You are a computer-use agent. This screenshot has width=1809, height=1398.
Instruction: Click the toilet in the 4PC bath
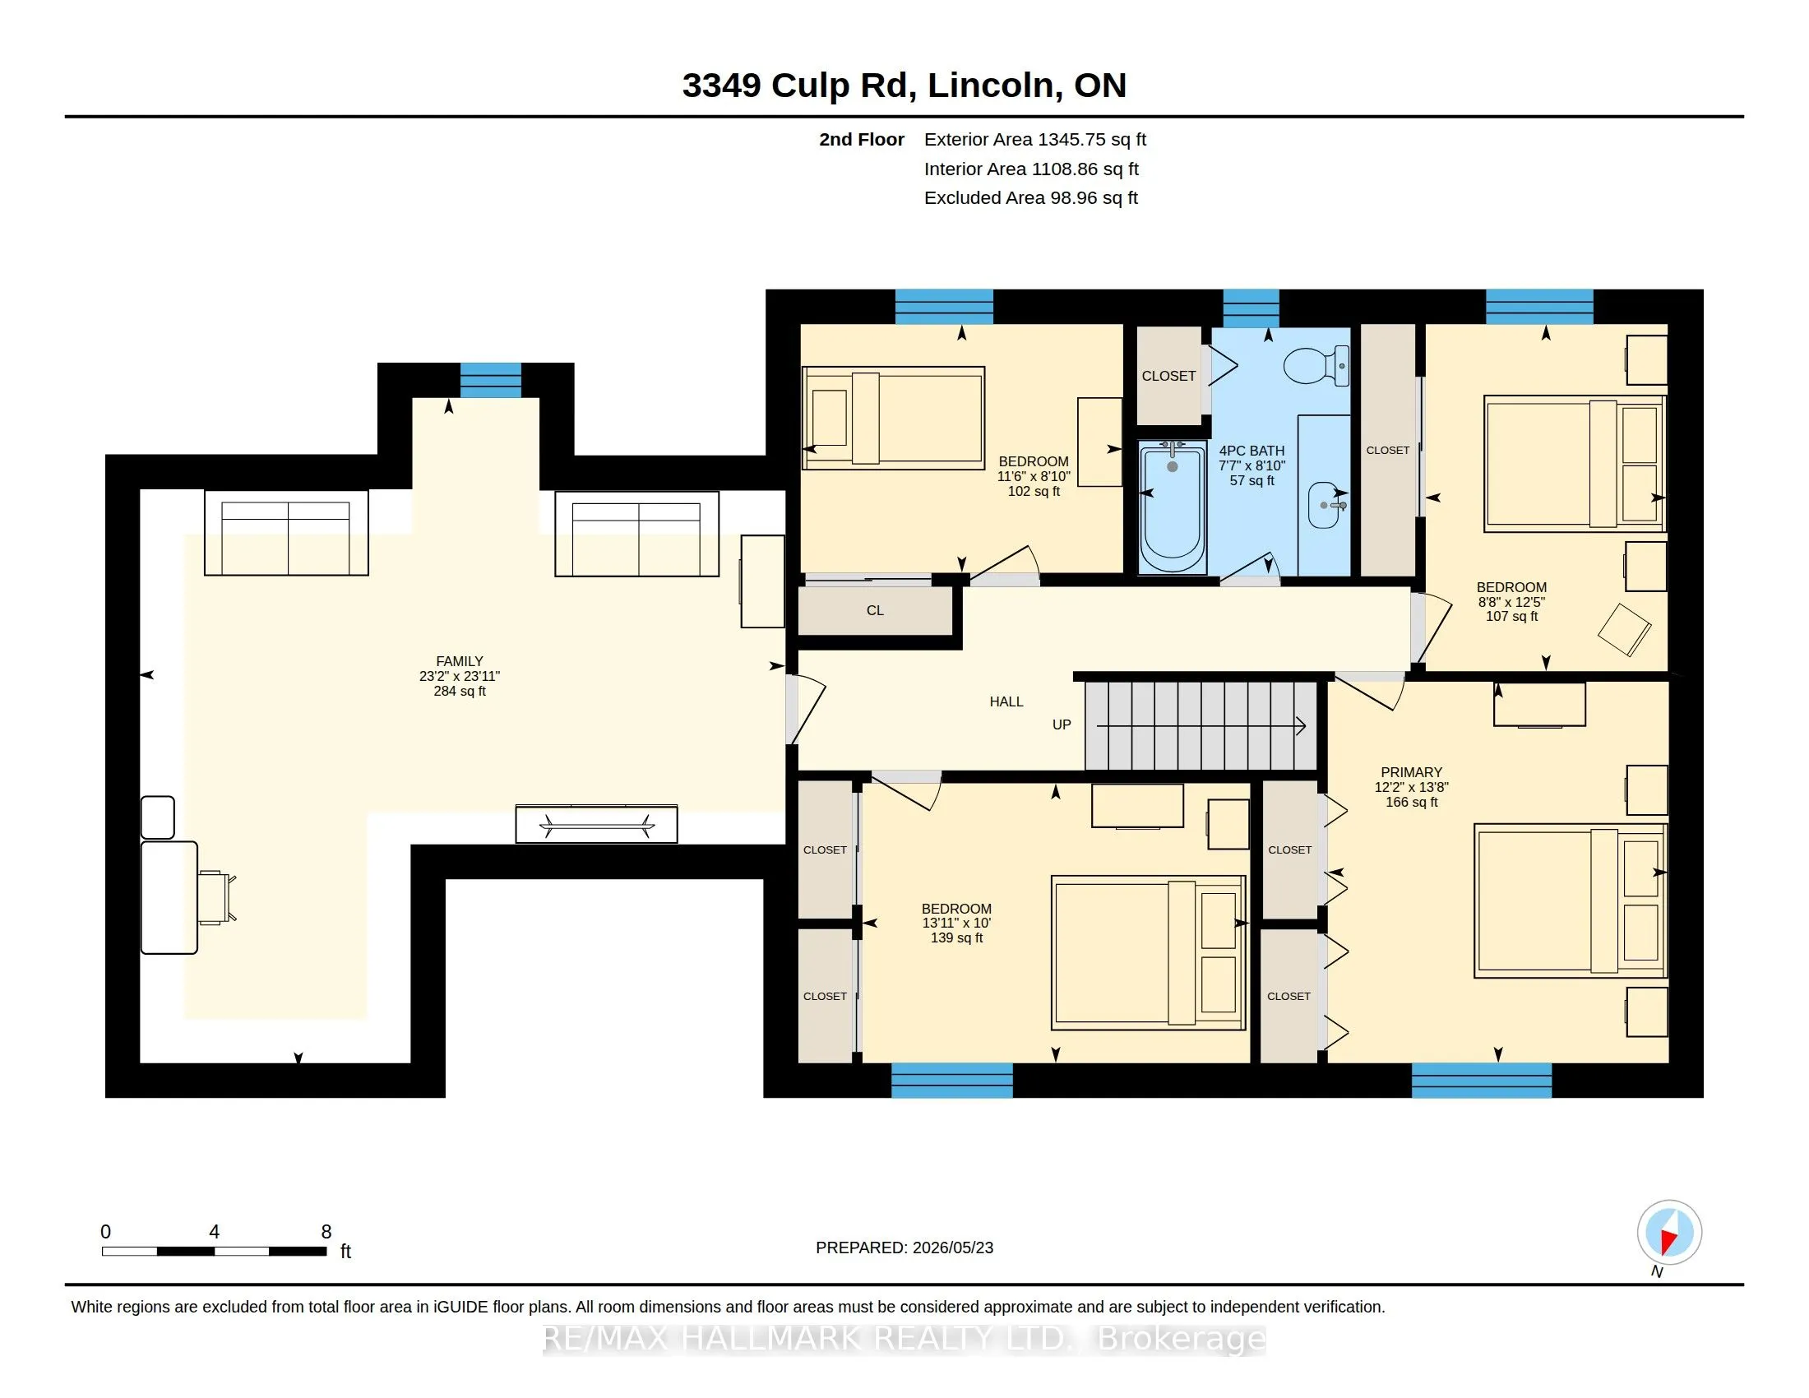click(x=1316, y=366)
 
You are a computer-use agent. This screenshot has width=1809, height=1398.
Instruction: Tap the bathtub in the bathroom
click(x=1172, y=507)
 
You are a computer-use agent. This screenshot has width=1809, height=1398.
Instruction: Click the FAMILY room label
click(x=460, y=661)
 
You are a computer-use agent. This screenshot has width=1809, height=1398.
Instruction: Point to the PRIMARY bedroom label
click(x=1411, y=772)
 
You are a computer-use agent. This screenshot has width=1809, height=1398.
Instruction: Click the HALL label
click(x=1006, y=701)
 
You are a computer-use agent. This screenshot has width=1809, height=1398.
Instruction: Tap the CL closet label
click(x=875, y=610)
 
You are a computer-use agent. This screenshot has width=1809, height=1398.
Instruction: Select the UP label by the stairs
click(x=1061, y=724)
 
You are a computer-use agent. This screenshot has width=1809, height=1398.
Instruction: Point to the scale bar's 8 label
click(x=326, y=1232)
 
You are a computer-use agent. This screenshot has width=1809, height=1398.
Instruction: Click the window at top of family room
click(x=490, y=380)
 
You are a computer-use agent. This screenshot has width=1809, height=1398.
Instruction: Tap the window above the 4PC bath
click(x=1251, y=308)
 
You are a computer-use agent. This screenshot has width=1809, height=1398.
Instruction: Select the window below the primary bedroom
click(x=1481, y=1080)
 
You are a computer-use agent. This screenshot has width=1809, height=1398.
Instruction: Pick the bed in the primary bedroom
click(x=1571, y=900)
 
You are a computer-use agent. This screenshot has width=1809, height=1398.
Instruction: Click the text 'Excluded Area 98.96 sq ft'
click(x=1030, y=198)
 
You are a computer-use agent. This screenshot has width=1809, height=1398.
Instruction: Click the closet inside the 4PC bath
click(x=1168, y=375)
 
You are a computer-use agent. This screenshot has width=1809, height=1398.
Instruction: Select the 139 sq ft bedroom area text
click(x=956, y=937)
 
